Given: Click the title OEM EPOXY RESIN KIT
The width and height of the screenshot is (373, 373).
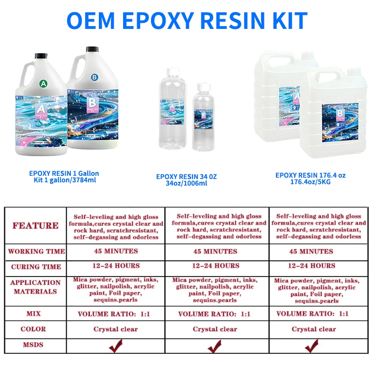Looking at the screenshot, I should tap(186, 20).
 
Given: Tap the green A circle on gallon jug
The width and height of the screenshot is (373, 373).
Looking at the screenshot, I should tap(43, 84).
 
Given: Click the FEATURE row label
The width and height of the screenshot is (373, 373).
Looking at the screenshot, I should tap(35, 226).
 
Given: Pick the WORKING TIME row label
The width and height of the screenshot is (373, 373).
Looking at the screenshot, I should tap(36, 251).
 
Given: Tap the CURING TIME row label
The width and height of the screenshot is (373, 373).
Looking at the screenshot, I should tap(35, 267).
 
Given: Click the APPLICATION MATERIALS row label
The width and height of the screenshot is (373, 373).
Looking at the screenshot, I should tap(35, 287).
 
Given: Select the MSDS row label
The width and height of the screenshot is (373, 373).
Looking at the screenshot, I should tap(33, 345).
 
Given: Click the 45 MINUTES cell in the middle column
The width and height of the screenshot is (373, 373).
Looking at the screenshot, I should tap(215, 251).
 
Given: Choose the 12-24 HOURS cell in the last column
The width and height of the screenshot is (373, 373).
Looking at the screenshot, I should tap(311, 266).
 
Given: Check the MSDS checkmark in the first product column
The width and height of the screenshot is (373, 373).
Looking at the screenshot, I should tap(115, 345).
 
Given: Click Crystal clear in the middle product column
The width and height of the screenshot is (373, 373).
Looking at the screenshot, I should tap(214, 329).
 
